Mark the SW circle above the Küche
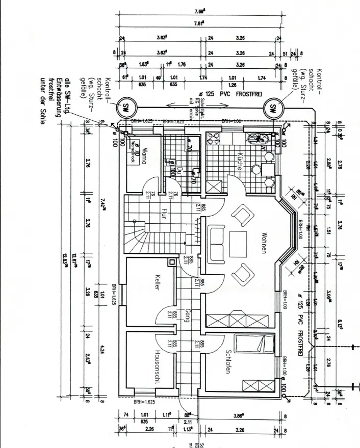point(272,108)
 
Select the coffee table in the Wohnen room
point(238,245)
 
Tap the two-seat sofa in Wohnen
point(216,243)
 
